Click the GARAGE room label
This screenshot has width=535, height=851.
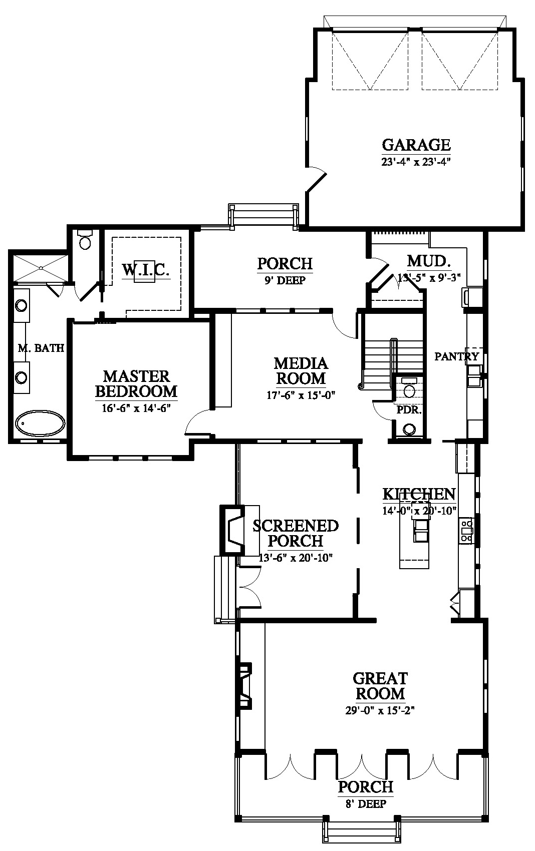[x=416, y=145]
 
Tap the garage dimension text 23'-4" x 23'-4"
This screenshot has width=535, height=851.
[x=416, y=162]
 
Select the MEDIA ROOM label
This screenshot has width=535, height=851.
[x=301, y=371]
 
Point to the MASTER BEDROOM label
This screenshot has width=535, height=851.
[x=136, y=384]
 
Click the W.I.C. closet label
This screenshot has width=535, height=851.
[x=146, y=269]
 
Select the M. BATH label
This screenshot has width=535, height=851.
[x=41, y=348]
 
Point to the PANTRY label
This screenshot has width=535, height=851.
[x=457, y=356]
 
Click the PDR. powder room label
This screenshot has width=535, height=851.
[x=409, y=410]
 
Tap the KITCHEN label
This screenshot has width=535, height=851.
[x=419, y=494]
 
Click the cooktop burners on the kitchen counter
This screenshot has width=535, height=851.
[x=466, y=530]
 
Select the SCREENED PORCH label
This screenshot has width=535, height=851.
[x=296, y=534]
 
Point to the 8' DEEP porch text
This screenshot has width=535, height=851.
[x=366, y=803]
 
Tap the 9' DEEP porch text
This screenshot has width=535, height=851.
[x=285, y=280]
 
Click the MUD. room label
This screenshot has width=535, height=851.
[x=429, y=261]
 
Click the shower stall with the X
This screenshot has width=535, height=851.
[x=41, y=268]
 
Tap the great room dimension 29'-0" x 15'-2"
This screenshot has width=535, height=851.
[x=380, y=710]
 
